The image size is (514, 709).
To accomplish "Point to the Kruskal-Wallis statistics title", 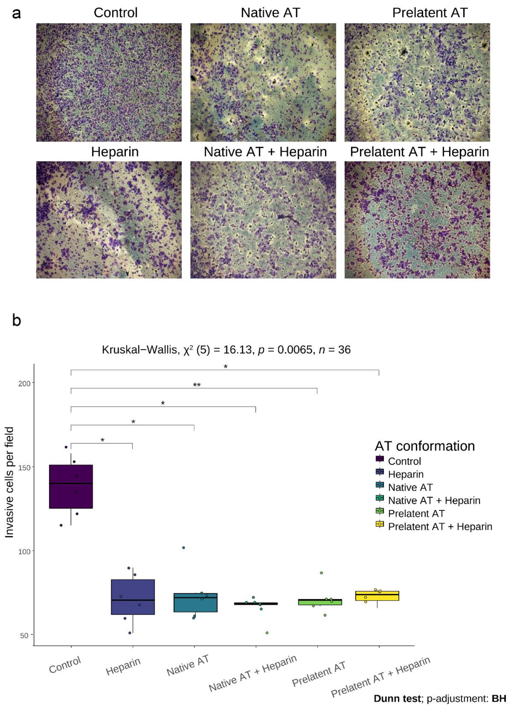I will pos(226,350).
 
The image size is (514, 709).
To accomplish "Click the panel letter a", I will pos(16,14).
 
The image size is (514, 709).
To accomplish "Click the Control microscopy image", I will pos(109,82).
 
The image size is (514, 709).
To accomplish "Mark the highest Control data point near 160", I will pos(66,447).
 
